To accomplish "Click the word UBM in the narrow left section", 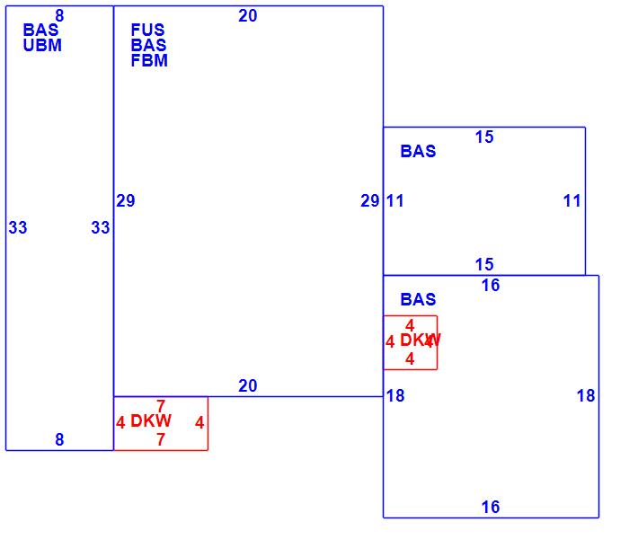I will pos(42,46).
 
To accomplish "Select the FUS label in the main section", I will pos(148,30).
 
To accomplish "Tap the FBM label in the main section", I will pos(149,61).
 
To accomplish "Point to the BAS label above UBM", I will pos(40,31).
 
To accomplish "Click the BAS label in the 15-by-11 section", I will pos(418,152).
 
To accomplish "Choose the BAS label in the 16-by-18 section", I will pos(418,300).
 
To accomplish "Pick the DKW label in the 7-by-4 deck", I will pos(151,421).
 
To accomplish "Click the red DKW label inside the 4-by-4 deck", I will pos(420,340).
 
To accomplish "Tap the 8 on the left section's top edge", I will pos(59,15).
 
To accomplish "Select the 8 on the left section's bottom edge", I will pos(59,440).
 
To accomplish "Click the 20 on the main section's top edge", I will pos(248,15).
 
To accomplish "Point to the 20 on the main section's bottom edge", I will pos(248,386).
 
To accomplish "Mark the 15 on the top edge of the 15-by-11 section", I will pos(484,137).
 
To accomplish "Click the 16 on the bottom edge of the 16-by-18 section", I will pos(490,508).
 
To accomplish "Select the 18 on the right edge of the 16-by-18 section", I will pos(586,396).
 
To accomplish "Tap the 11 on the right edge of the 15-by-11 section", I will pos(572,201).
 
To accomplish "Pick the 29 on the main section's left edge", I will pos(126,201).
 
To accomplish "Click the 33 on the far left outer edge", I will pos(18,228).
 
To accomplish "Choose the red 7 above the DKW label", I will pos(161,406).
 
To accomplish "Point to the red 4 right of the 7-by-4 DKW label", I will pos(199,423).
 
